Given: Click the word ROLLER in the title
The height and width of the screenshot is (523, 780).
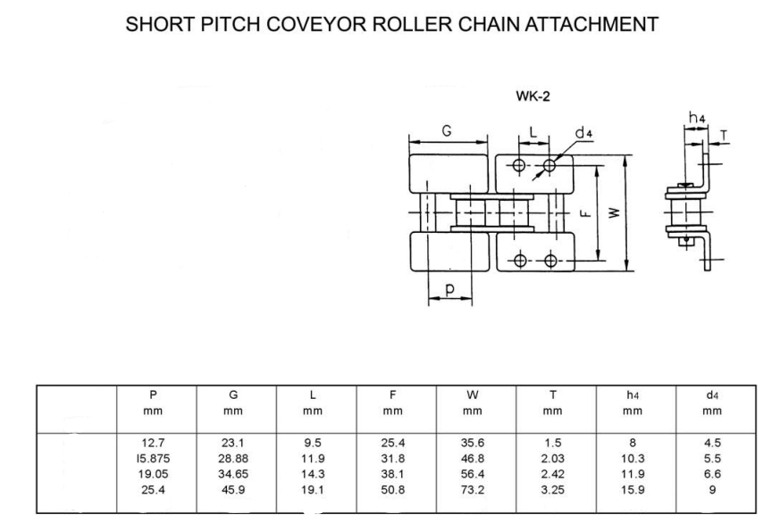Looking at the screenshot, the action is (413, 24).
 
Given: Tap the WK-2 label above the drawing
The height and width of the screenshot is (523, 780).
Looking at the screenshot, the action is (533, 95).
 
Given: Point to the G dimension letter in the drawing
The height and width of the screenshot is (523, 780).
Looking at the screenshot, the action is (447, 130).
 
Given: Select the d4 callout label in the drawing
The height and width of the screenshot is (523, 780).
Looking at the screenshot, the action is (583, 133).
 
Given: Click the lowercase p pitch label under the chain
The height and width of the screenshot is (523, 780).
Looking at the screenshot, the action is (449, 289).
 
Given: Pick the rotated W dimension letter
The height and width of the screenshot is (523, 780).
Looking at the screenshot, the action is (615, 212).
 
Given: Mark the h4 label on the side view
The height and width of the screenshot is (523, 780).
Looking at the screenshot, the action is (697, 118).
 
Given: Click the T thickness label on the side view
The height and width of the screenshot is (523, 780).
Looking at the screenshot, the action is (724, 135).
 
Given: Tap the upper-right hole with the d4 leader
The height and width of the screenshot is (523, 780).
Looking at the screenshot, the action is (549, 165).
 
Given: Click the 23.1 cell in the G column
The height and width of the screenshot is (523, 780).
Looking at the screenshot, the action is (233, 443).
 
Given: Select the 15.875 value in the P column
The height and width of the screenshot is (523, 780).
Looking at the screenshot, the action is (153, 459).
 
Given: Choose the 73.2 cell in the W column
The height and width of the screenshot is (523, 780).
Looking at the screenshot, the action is (473, 490).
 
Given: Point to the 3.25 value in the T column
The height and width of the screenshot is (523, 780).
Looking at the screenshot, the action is (553, 490).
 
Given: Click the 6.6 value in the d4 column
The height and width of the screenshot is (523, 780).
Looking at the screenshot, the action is (712, 474).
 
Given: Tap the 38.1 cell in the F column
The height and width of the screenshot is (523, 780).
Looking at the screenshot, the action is (392, 474).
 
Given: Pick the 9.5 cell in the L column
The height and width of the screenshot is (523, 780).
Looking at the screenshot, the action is (313, 443).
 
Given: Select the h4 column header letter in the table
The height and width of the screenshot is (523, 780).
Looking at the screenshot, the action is (633, 395).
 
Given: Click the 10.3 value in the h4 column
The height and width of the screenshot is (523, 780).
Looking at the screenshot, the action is (633, 459).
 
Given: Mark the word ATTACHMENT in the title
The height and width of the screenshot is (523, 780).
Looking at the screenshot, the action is (592, 24).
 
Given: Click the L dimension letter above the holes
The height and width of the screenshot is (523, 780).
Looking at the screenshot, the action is (533, 132).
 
